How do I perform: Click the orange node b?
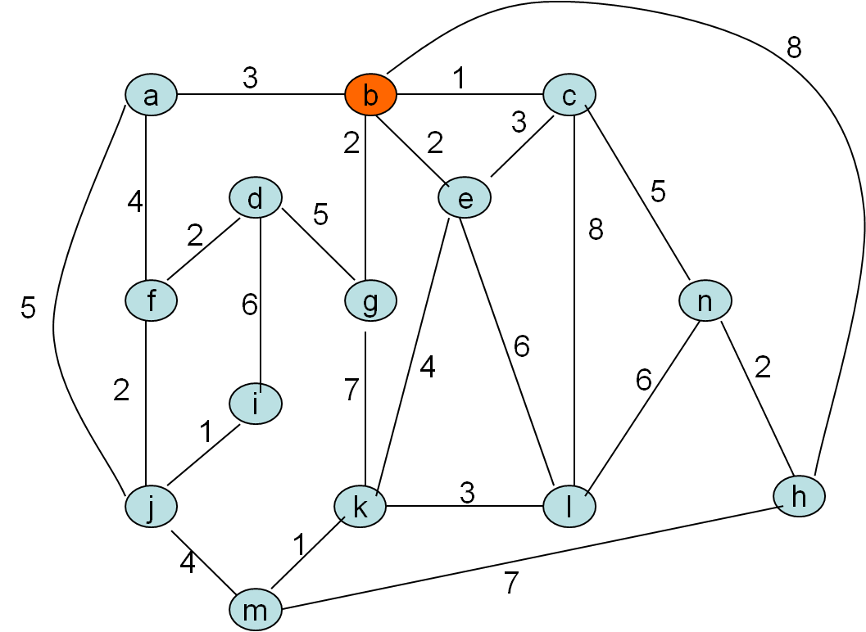[370, 95]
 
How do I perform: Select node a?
[151, 95]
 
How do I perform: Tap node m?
[256, 610]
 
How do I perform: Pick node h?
[800, 495]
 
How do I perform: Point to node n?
[705, 300]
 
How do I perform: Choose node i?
[256, 404]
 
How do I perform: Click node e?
[465, 198]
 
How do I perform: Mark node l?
[569, 506]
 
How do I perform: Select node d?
[256, 197]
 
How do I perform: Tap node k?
[360, 507]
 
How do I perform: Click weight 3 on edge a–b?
[250, 78]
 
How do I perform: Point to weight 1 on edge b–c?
[459, 78]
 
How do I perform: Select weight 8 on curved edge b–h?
[793, 48]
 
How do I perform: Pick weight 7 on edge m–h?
[511, 583]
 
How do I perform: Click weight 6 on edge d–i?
[249, 305]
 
